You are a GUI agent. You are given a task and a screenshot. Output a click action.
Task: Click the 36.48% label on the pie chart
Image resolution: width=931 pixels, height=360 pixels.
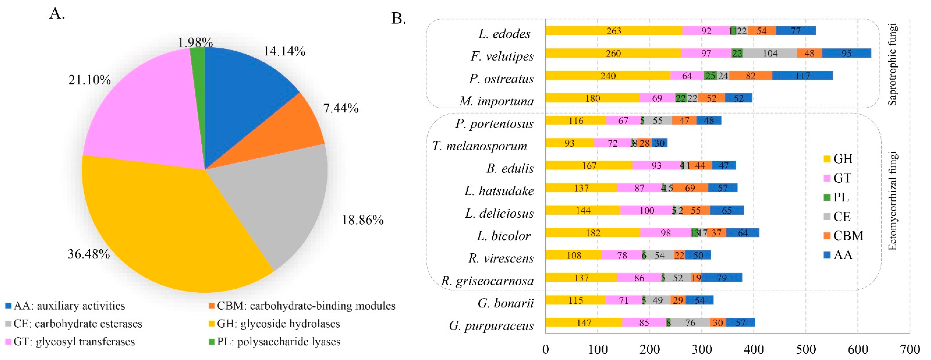[x=89, y=254]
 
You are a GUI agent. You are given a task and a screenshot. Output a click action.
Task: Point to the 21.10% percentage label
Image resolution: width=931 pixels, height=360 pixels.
[x=90, y=80]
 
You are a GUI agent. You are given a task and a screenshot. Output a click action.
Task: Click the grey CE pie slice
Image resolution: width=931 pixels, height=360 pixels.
[x=275, y=203]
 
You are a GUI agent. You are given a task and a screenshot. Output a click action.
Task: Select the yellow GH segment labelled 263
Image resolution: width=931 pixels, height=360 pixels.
[x=614, y=31]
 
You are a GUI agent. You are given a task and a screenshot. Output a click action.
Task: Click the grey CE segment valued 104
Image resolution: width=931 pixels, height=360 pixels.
[x=770, y=53]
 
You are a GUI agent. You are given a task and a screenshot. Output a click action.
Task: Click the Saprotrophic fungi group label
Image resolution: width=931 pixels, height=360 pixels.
[x=892, y=64]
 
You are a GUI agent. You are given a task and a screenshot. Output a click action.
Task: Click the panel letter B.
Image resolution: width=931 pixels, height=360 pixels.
[x=398, y=18]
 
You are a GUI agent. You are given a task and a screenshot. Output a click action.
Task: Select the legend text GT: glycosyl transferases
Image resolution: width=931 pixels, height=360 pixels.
[x=70, y=342]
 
